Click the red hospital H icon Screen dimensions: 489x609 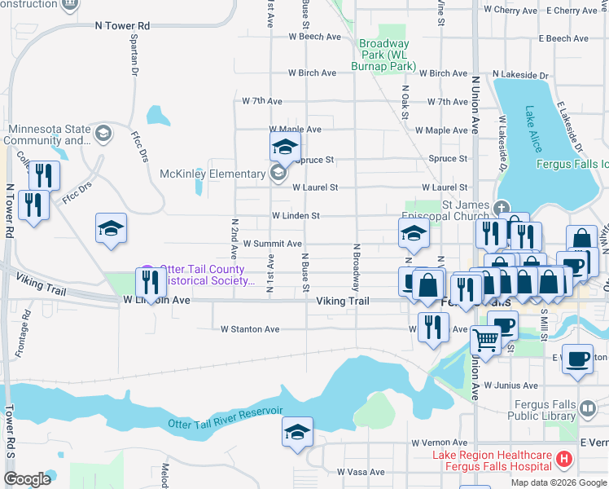[x=563, y=461]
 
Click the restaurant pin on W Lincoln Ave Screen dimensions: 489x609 [x=149, y=283]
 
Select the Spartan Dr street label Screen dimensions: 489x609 [x=130, y=56]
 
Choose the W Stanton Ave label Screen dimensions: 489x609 [x=250, y=329]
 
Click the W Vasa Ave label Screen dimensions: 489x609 [x=361, y=472]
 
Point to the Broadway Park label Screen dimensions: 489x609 [x=383, y=55]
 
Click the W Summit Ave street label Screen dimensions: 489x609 [x=272, y=244]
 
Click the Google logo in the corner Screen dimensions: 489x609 [x=28, y=478]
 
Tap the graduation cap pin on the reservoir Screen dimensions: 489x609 [x=297, y=433]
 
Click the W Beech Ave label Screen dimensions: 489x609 [x=315, y=37]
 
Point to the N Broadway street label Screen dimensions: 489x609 [x=356, y=267]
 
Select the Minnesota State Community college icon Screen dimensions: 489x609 [x=103, y=133]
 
